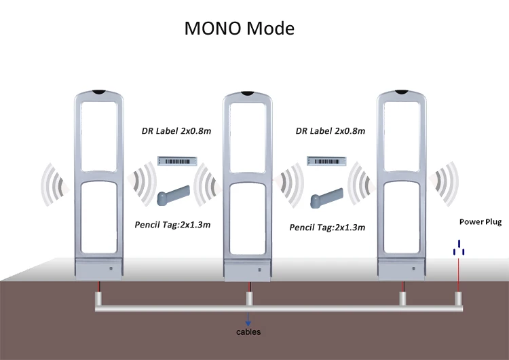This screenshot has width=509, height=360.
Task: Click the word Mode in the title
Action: tap(271, 30)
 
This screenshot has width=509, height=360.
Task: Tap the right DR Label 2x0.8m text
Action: tap(331, 130)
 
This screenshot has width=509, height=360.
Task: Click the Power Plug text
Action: tap(480, 222)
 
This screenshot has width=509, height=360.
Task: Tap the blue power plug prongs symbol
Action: tap(459, 248)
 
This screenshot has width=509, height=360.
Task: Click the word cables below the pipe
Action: tap(248, 332)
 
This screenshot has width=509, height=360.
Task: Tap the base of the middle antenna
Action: tap(249, 270)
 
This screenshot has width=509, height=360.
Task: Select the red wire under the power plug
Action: tap(459, 275)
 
